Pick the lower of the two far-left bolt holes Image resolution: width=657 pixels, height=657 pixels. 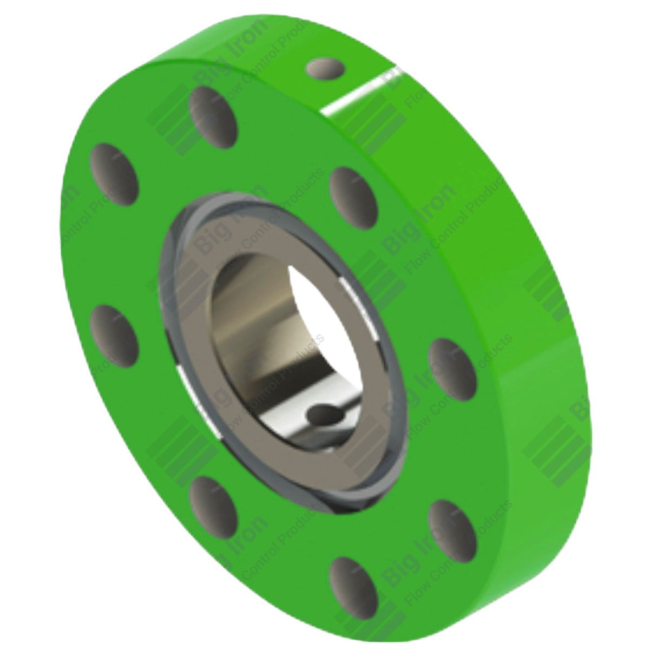coord(114,334)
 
